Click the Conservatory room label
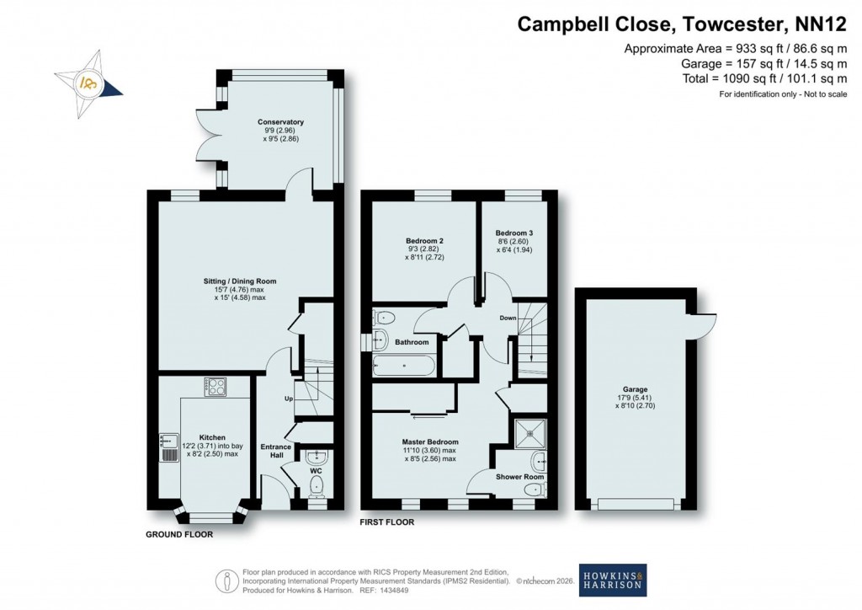coord(280,122)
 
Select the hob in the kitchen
coord(215,387)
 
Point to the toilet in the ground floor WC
coord(317,485)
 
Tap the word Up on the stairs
coord(289,399)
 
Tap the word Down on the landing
coord(508,318)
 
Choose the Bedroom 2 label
coord(424,241)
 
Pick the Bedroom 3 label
coord(513,233)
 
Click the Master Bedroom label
coord(430,442)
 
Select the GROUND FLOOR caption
coord(179,534)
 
